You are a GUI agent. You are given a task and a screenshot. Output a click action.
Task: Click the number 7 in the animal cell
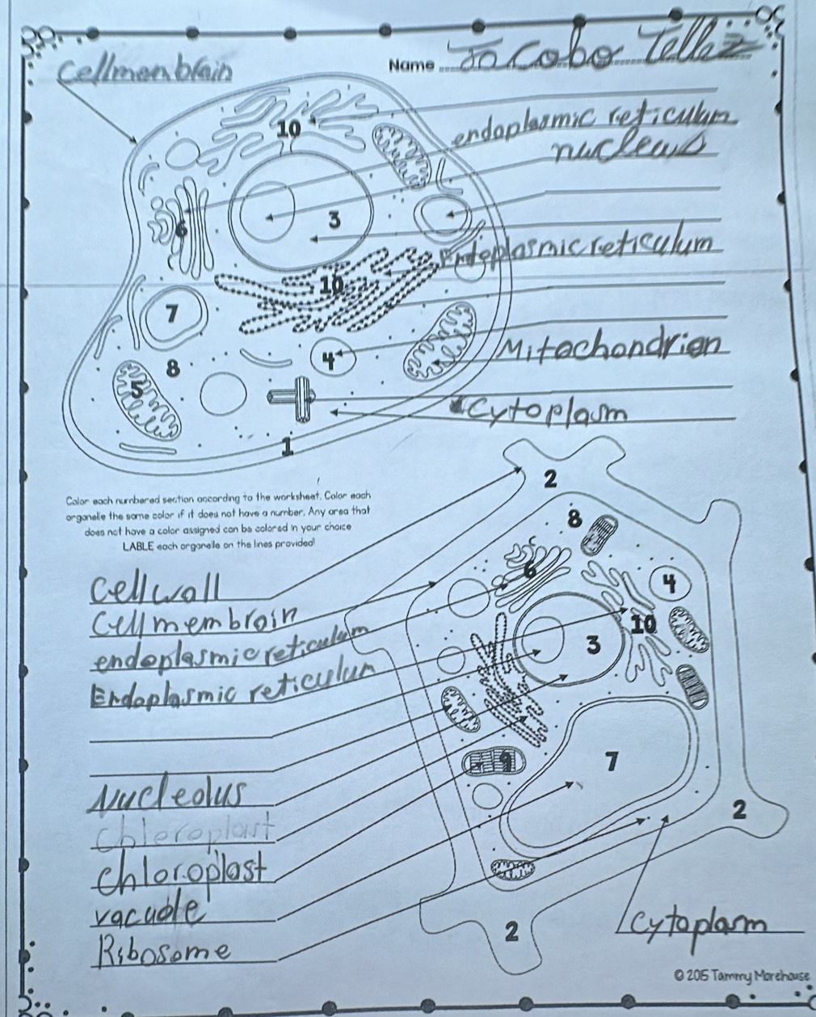click(x=171, y=314)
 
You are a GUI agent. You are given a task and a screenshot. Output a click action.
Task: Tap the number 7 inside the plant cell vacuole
click(x=612, y=762)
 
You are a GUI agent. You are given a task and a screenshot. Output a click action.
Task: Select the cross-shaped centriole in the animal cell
click(x=301, y=396)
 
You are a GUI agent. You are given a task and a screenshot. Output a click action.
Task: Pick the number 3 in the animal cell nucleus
click(x=332, y=220)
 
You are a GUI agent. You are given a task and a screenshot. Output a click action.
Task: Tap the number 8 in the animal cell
click(x=170, y=369)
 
